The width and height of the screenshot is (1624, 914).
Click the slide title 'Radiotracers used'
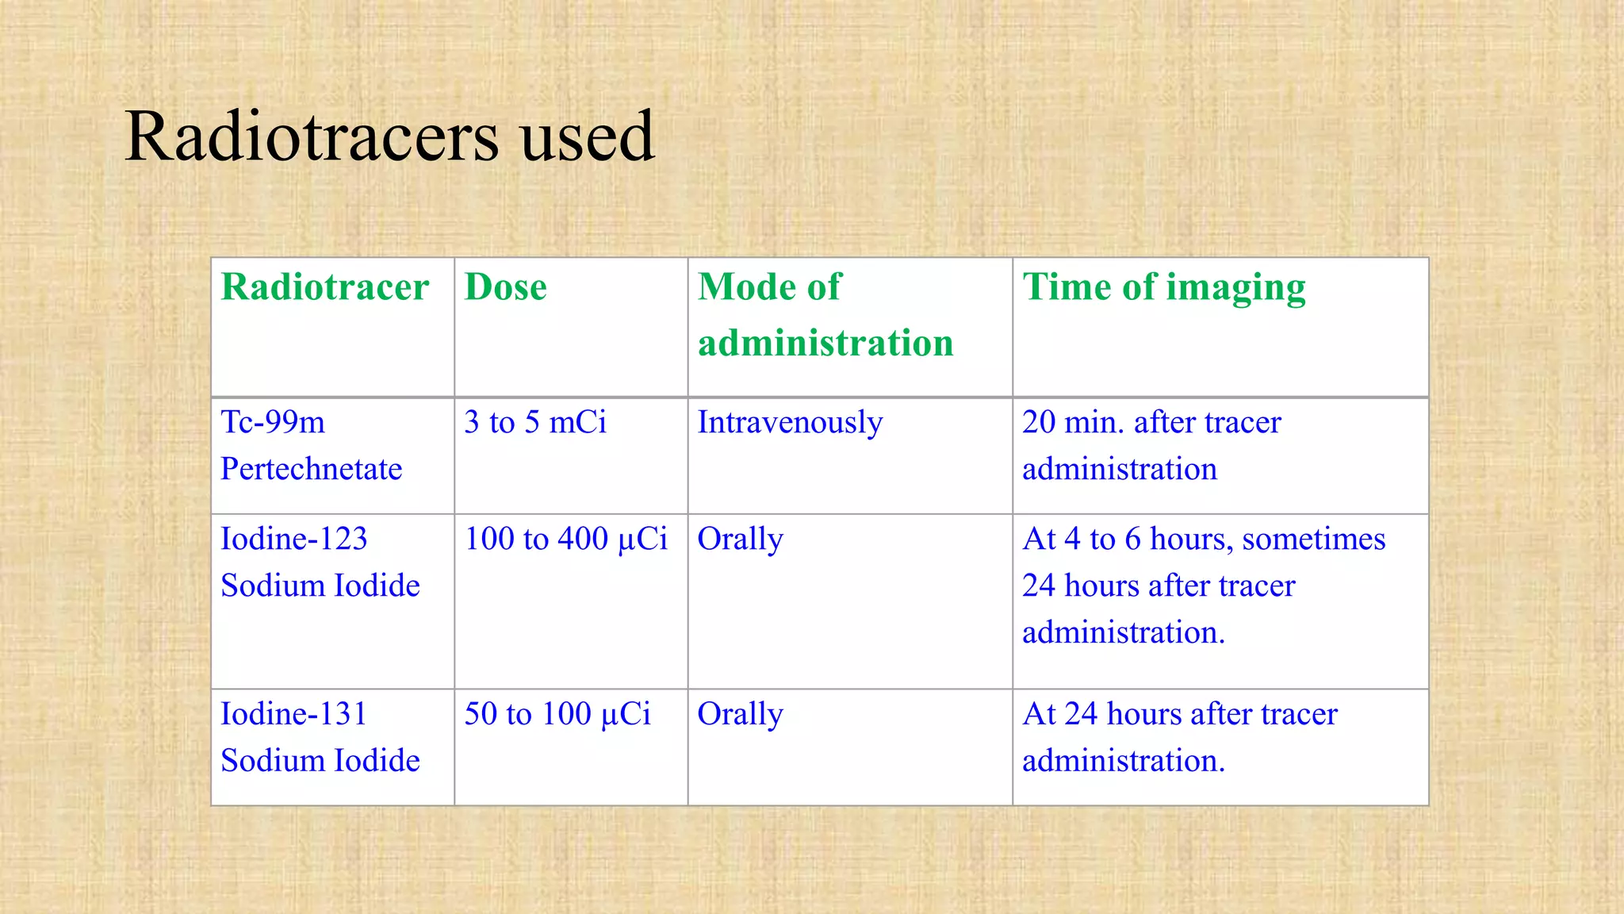389,136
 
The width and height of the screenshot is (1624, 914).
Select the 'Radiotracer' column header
324,287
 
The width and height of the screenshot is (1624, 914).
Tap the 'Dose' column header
505,287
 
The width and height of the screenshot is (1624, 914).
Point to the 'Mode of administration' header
825,315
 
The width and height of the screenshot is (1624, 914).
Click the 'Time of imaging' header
1163,287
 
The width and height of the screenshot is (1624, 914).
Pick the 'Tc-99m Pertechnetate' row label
311,445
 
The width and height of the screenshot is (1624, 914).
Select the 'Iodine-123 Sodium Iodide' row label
320,562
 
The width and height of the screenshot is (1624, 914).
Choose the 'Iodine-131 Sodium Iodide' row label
320,737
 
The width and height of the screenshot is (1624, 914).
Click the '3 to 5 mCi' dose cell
535,422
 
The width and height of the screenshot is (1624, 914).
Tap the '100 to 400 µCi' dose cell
565,539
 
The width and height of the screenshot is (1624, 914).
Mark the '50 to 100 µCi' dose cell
557,714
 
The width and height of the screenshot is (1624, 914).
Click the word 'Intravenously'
790,422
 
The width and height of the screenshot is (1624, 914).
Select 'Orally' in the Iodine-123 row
740,540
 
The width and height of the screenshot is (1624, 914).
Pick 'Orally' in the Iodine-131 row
740,714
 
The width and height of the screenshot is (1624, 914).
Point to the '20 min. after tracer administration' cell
1151,445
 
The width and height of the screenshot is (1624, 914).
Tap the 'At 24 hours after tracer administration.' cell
1179,737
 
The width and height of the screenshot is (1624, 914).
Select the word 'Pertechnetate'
311,469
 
